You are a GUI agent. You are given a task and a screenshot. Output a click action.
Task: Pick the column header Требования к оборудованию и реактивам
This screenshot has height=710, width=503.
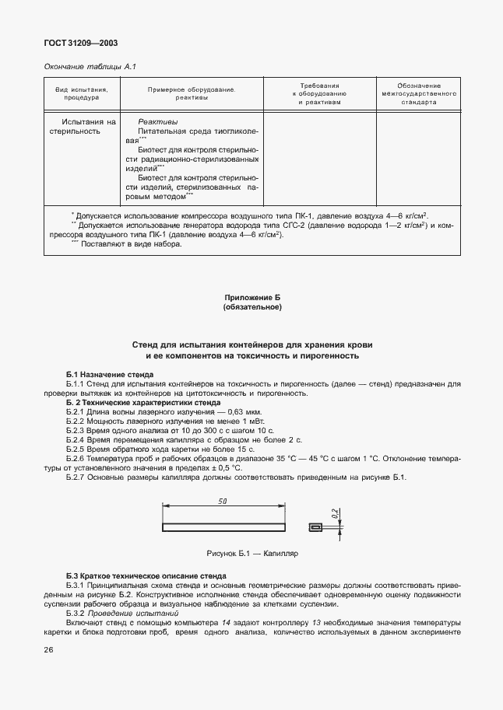pos(320,93)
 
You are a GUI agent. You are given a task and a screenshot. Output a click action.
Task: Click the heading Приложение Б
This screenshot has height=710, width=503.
pos(251,298)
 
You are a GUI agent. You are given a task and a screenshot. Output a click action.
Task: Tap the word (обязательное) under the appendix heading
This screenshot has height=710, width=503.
pos(251,307)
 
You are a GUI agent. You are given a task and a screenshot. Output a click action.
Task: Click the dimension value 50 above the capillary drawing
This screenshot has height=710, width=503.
pos(223,502)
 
